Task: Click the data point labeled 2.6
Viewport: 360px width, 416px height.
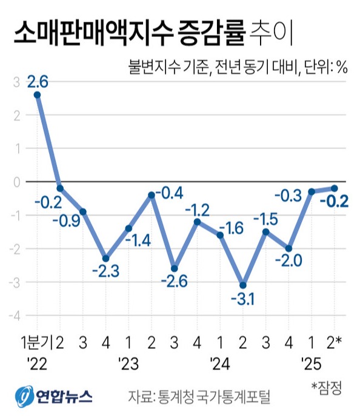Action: click(x=38, y=94)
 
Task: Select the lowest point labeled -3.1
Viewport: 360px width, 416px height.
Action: click(x=242, y=285)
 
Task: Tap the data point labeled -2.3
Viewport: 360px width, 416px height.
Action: click(x=105, y=259)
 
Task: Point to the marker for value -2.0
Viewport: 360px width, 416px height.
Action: click(x=288, y=248)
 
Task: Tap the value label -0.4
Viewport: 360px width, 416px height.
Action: click(x=168, y=194)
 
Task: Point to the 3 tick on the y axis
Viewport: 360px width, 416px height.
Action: click(x=16, y=81)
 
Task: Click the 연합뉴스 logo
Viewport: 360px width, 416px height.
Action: click(x=55, y=397)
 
